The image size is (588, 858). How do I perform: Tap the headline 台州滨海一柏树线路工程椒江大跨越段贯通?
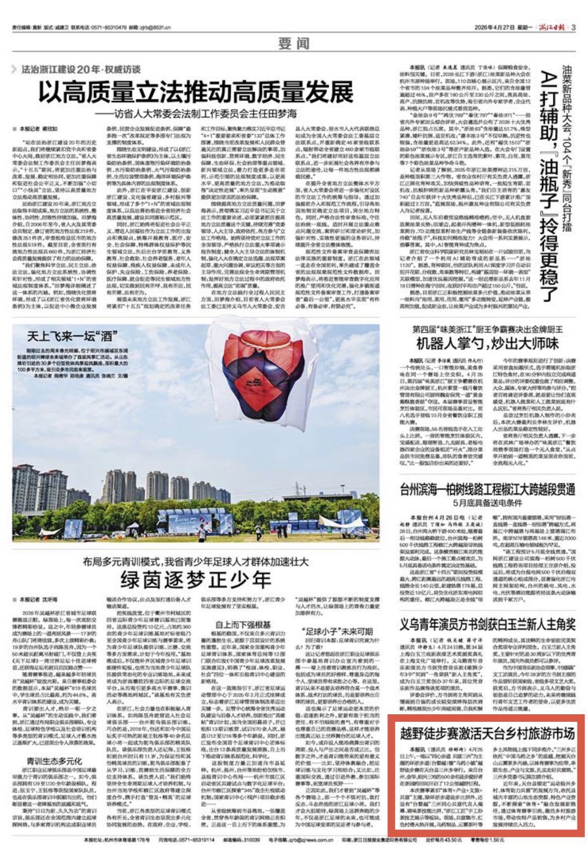pos(487,490)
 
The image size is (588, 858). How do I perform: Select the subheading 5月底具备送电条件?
pos(487,505)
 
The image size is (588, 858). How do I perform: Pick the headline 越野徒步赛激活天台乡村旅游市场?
pos(487,733)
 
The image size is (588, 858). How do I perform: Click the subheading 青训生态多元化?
pos(49,761)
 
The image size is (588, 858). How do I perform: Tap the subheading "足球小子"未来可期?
pos(338,632)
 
